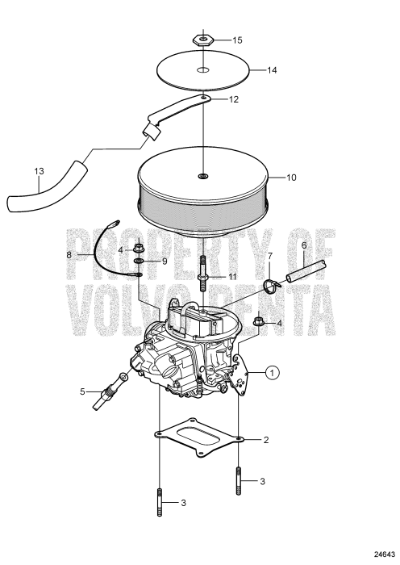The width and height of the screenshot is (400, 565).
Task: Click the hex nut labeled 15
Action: tap(203, 40)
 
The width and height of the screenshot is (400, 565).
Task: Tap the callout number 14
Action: tap(272, 70)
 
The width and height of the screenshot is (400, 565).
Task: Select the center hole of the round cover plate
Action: tap(203, 70)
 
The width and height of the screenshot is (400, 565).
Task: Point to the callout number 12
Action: tap(234, 99)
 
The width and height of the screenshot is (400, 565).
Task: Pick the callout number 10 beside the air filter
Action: tap(291, 178)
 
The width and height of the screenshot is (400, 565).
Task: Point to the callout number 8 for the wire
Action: tap(69, 255)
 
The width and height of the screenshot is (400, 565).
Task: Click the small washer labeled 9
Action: tap(139, 261)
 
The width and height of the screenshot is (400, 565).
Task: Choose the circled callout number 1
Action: tap(273, 373)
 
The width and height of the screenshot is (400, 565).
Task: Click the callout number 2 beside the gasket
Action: tap(266, 440)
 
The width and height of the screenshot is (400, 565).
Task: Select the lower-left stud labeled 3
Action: tap(160, 502)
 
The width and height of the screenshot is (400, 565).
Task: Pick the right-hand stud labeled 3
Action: tap(239, 481)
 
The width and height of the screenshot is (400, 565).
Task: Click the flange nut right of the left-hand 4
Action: tap(139, 249)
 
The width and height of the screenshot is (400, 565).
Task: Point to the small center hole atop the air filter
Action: tap(202, 176)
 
